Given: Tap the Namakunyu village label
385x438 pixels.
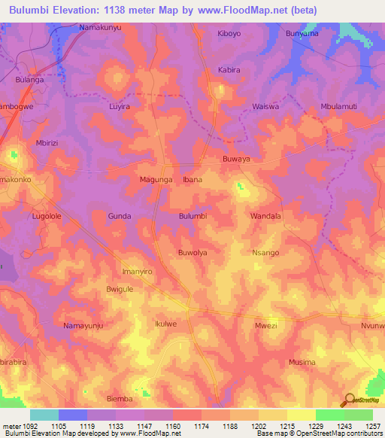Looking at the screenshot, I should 100,27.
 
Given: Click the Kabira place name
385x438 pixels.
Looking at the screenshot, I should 229,70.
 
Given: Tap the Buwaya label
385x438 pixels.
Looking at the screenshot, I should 236,160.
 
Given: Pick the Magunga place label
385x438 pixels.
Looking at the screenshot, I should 156,180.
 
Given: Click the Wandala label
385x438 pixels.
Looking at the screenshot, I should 265,216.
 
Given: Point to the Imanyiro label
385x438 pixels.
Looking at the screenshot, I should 137,270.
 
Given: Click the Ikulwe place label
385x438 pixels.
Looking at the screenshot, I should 165,324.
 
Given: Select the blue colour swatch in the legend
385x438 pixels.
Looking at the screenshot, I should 73,415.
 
